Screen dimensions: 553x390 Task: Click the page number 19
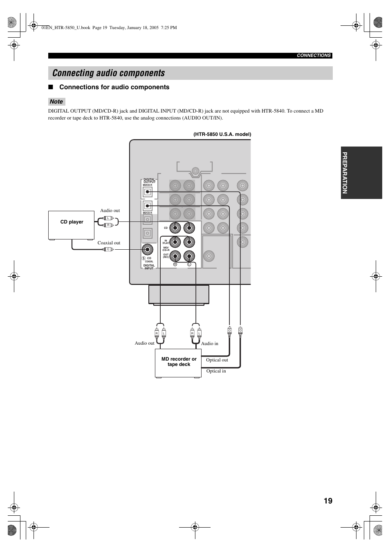327,501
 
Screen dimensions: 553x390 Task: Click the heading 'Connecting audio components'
109,73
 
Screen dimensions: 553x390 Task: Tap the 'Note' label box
56,102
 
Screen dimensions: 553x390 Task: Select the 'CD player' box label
72,222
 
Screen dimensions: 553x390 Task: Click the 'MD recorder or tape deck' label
179,361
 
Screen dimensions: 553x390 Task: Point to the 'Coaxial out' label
109,243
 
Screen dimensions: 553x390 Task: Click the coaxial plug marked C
108,249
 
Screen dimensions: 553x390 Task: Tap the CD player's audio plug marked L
108,218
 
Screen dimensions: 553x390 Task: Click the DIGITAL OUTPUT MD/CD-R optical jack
147,192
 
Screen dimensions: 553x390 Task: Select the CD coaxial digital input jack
147,249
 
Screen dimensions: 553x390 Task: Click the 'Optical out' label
217,360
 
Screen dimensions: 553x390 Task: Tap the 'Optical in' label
216,371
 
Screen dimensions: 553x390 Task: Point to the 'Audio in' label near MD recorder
210,343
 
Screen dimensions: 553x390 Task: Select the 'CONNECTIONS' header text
314,56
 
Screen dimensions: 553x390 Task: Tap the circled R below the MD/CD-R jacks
175,264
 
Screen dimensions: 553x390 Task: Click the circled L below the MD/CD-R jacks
189,264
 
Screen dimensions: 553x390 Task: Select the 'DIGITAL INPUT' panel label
149,266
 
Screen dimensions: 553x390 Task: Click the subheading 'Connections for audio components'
114,87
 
